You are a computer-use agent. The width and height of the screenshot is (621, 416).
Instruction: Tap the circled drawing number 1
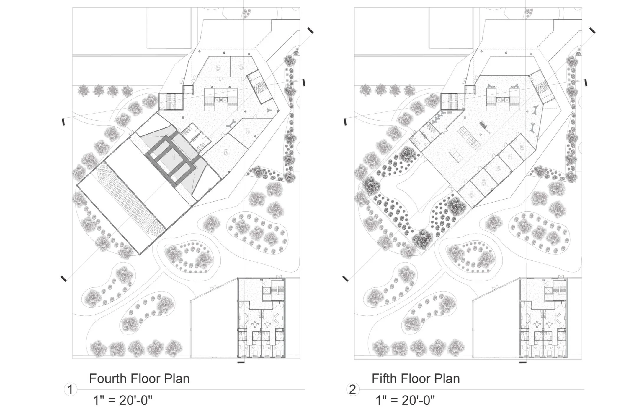70,389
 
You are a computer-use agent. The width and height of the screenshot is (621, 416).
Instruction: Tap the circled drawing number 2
353,389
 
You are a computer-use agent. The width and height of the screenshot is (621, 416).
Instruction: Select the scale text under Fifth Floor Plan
405,401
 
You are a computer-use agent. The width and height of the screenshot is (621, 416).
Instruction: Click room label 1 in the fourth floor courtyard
174,157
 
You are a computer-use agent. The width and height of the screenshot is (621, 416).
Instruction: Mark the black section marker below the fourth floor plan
241,362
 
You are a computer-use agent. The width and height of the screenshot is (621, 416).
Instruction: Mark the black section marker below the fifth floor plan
523,362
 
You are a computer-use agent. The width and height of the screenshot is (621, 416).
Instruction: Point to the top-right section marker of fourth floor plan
310,30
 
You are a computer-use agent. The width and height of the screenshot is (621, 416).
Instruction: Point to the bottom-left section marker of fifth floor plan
345,278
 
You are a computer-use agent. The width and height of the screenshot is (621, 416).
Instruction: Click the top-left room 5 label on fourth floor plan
218,68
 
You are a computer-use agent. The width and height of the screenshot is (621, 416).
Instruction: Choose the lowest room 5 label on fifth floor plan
471,195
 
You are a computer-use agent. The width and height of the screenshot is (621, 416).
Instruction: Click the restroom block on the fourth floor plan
196,136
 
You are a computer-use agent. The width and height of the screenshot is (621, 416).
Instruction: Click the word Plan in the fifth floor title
447,379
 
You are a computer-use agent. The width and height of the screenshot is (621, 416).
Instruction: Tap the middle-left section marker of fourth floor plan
63,122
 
